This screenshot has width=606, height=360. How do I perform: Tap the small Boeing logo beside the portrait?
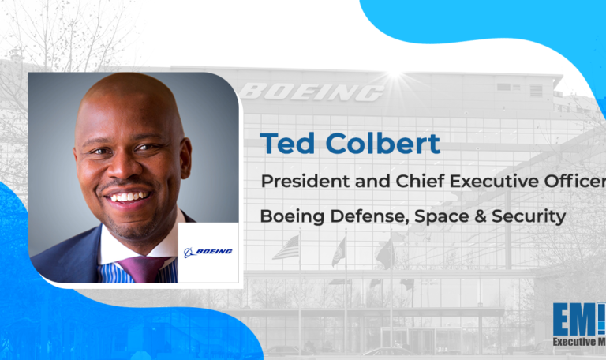tap(208, 252)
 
